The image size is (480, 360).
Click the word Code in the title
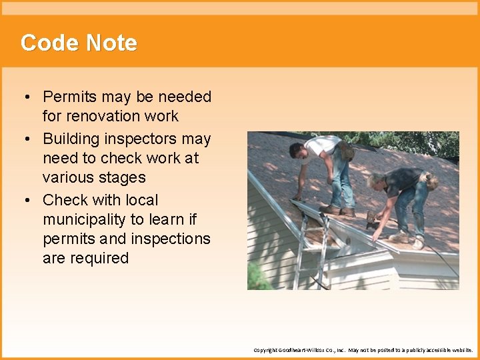46,43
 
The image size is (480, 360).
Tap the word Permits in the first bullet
70,97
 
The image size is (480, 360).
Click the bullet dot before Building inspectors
25,139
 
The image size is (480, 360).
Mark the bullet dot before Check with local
25,200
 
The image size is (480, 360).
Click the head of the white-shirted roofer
297,151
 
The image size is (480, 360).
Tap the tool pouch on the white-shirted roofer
346,149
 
